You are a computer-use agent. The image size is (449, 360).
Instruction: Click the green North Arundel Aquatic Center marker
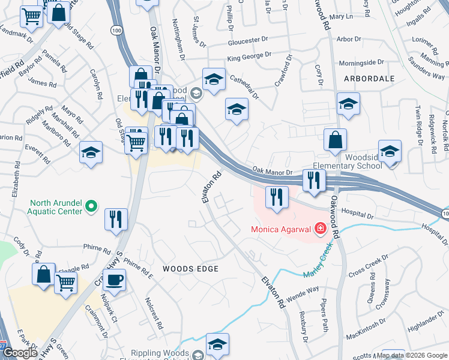pyautogui.click(x=91, y=207)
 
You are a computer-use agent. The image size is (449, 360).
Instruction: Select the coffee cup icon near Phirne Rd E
pyautogui.click(x=114, y=279)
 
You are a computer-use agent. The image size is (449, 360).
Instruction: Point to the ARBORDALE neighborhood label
pyautogui.click(x=369, y=79)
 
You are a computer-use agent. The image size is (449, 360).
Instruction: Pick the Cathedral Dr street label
pyautogui.click(x=243, y=86)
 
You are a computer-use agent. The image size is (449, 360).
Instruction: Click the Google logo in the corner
pyautogui.click(x=20, y=353)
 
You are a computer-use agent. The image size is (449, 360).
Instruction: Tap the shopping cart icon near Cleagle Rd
pyautogui.click(x=65, y=282)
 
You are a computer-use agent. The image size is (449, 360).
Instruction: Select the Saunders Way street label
pyautogui.click(x=426, y=68)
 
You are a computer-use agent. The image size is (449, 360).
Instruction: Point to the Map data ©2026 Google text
pyautogui.click(x=411, y=355)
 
